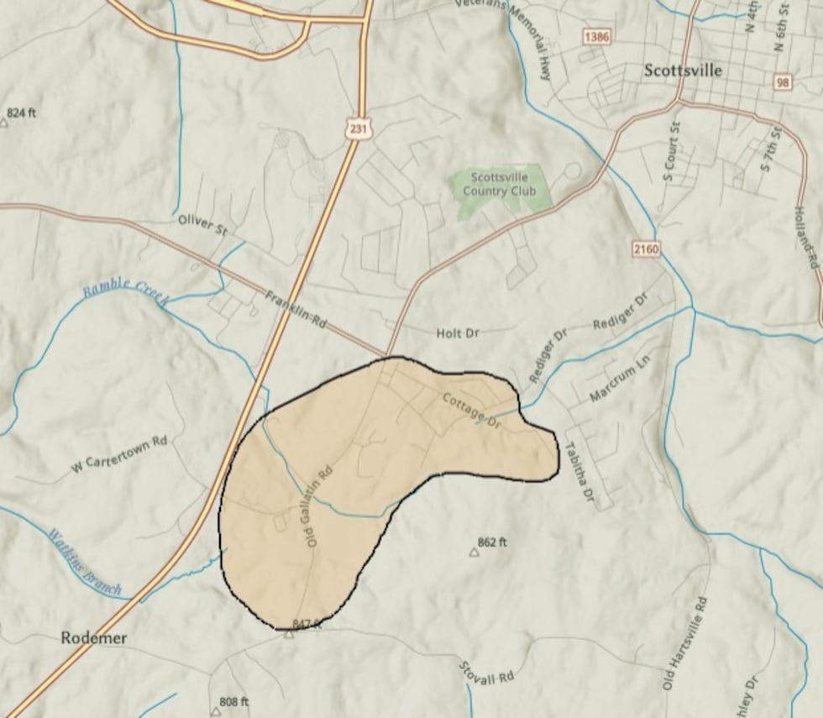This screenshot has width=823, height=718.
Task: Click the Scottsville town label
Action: click(683, 71)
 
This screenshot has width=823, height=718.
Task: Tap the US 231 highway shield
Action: click(358, 128)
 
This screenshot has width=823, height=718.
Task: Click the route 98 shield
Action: click(783, 81)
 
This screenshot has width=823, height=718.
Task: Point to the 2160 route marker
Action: click(647, 249)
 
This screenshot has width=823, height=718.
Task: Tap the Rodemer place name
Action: click(94, 638)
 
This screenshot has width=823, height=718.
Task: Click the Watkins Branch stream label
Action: click(84, 563)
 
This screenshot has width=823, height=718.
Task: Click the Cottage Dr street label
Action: click(471, 411)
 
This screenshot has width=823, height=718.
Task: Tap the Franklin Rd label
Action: click(295, 309)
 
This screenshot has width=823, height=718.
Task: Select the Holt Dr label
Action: click(458, 333)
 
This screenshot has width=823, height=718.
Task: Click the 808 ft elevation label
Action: click(233, 701)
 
